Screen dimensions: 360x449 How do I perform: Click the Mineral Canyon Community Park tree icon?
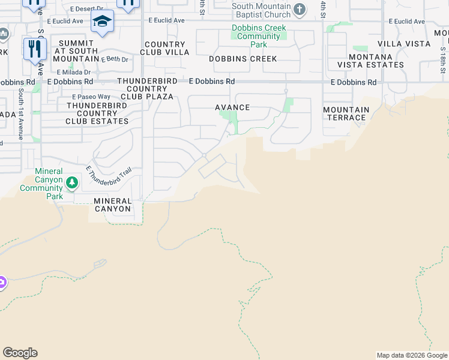tap(71, 182)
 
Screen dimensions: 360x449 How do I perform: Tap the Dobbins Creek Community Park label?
tap(259, 36)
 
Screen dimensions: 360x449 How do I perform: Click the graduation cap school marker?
tap(103, 22)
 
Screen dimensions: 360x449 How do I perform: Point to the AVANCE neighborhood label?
tap(232, 107)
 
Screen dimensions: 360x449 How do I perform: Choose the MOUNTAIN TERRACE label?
tap(346, 113)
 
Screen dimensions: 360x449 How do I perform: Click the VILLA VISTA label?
tap(404, 44)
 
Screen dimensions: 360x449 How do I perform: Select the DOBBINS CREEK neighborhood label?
tap(243, 59)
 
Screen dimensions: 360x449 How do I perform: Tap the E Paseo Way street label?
tap(91, 97)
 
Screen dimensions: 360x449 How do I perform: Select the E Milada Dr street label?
tap(74, 71)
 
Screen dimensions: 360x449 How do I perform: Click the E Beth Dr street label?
tap(115, 59)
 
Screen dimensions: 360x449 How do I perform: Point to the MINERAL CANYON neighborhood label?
tap(113, 205)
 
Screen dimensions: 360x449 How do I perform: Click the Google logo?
tap(20, 353)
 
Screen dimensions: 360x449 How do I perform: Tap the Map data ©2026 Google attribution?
tap(411, 355)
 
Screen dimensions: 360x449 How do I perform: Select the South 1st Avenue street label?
tap(20, 114)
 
